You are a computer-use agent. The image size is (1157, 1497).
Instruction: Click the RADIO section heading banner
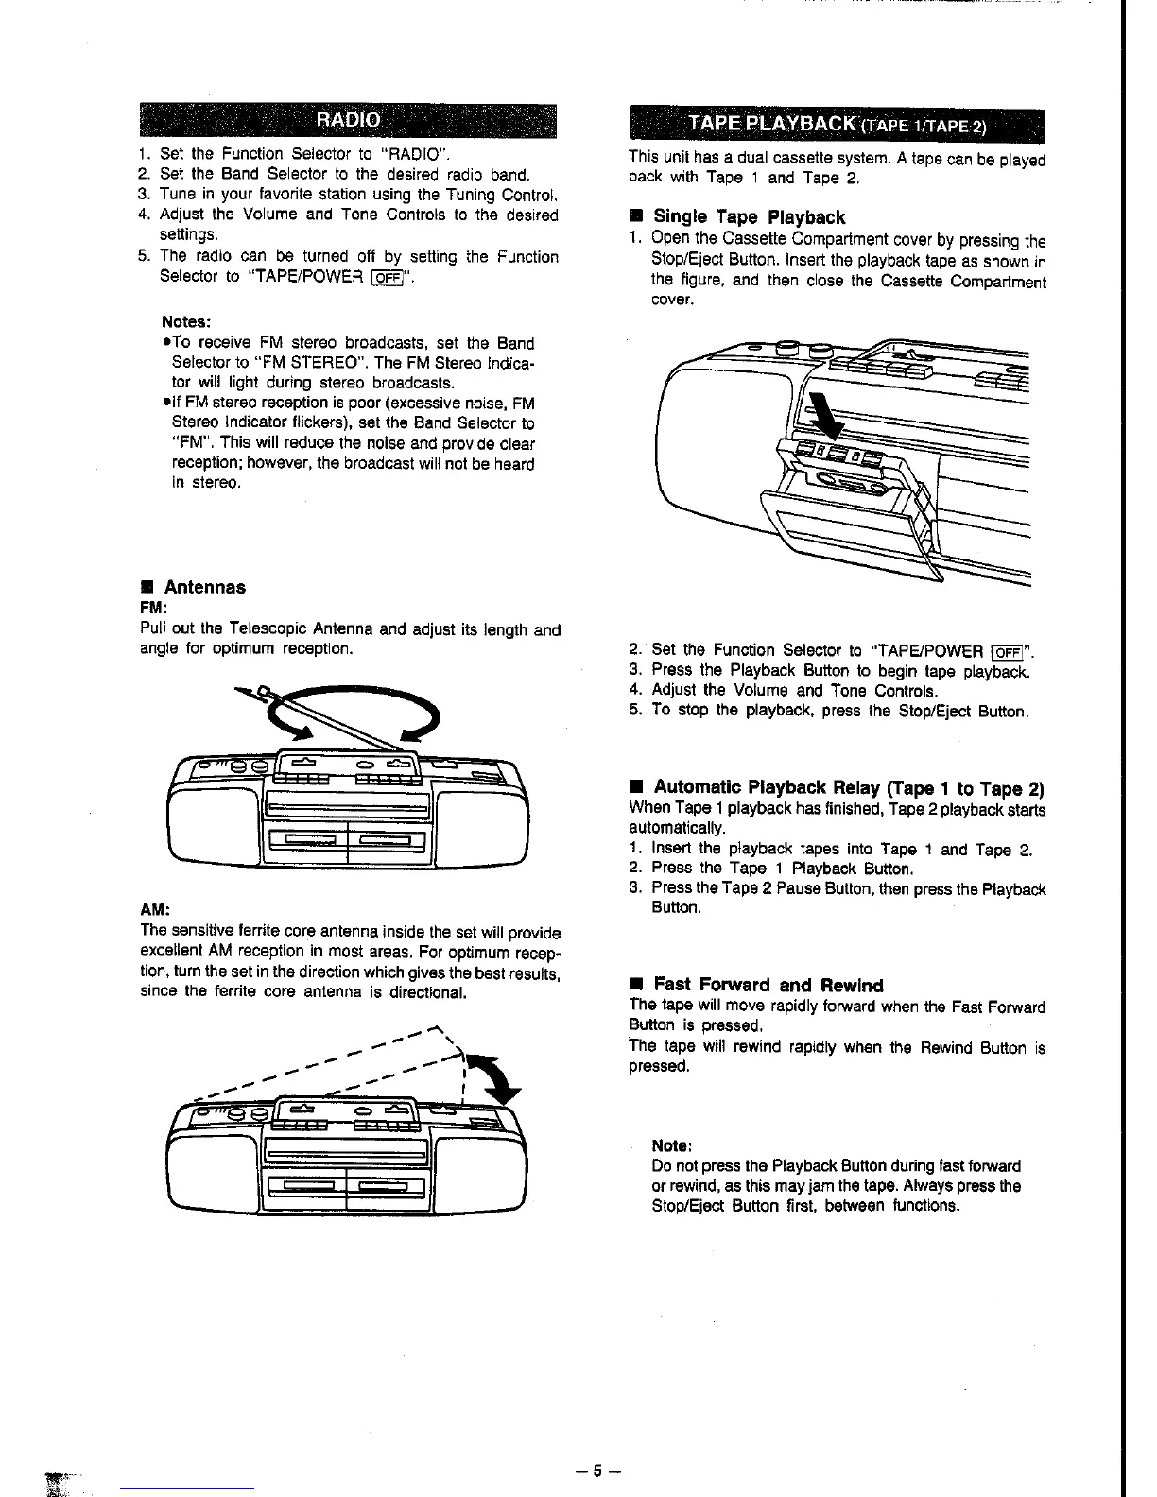[348, 120]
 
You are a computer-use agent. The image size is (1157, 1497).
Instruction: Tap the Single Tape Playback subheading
[749, 217]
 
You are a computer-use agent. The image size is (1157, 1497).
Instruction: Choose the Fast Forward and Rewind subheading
[768, 985]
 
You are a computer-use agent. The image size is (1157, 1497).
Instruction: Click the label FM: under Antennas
[153, 607]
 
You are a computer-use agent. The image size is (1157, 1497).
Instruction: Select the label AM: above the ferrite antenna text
[154, 909]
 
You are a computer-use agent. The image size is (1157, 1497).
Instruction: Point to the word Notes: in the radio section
[185, 321]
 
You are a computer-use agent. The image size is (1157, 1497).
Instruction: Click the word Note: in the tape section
[670, 1145]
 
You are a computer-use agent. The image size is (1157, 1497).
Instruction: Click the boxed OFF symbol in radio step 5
[385, 277]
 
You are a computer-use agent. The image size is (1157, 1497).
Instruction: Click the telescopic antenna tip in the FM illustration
[262, 691]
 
